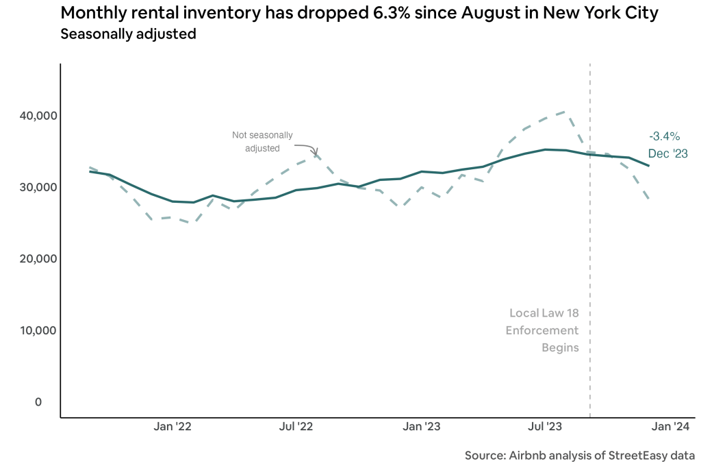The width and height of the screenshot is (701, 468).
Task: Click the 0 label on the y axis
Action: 38,402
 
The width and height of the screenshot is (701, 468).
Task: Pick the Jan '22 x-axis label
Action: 173,427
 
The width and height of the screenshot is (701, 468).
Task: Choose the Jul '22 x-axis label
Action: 297,427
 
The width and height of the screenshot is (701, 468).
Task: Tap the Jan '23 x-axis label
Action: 422,427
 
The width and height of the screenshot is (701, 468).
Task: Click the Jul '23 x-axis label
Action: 546,427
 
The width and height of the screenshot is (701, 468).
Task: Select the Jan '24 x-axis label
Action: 670,427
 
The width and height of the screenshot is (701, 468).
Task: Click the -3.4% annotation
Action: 665,136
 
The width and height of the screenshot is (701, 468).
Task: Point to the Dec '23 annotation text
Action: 667,153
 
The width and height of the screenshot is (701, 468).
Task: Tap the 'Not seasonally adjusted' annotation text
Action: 262,141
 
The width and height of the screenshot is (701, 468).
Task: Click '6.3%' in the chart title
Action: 358,13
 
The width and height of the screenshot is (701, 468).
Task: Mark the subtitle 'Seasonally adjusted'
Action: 128,34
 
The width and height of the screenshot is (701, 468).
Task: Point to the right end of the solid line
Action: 648,166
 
